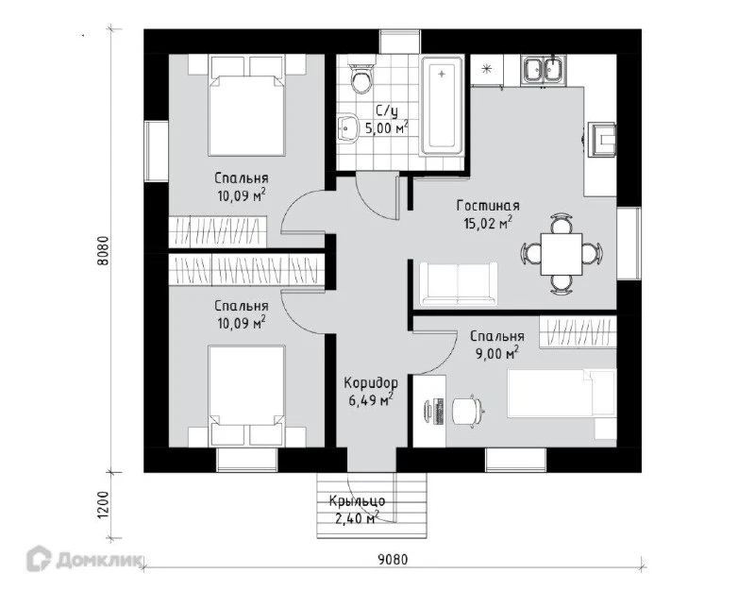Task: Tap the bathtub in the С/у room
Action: click(442, 106)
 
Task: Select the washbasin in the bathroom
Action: click(346, 128)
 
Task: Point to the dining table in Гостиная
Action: click(562, 254)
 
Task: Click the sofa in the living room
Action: click(459, 284)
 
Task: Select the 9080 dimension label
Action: click(393, 560)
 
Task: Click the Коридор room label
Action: click(371, 383)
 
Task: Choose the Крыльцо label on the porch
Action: click(358, 501)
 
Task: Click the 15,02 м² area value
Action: click(488, 223)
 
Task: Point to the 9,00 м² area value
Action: click(497, 353)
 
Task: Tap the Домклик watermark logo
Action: click(83, 560)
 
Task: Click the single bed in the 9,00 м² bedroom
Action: click(562, 393)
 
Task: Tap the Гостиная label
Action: click(488, 206)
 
